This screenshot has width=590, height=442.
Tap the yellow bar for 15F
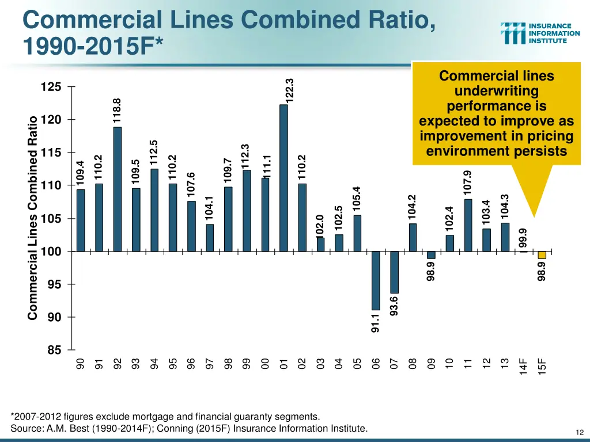click(x=542, y=255)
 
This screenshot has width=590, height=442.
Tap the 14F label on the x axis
click(x=523, y=365)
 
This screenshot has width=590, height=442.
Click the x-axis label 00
click(x=265, y=364)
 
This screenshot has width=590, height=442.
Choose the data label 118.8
click(x=117, y=110)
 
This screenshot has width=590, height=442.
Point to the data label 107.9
click(x=467, y=182)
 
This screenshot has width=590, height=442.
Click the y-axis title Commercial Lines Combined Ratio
click(x=33, y=218)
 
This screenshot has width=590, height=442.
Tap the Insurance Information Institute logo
click(x=540, y=33)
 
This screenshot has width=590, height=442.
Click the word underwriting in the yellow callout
click(x=496, y=92)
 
